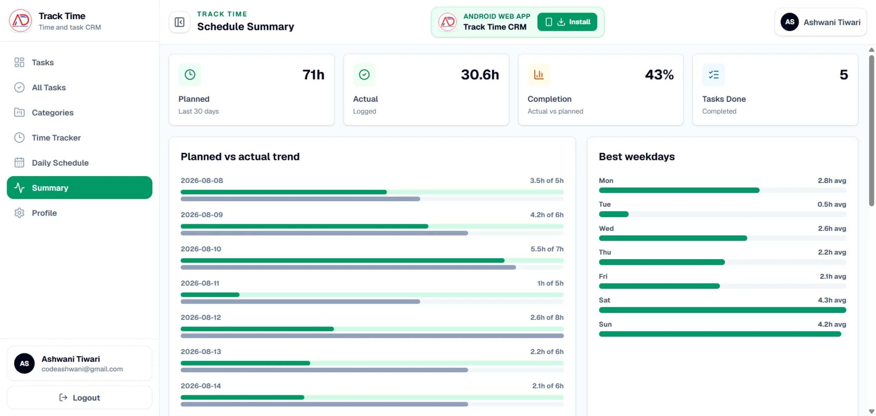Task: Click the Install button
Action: (567, 22)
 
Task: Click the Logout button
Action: (80, 397)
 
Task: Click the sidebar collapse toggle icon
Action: (180, 22)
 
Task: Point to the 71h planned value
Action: (313, 75)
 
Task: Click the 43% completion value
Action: (659, 75)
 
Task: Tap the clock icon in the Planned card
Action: (190, 75)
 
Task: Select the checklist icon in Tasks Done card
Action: (714, 75)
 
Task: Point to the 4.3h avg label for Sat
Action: (832, 300)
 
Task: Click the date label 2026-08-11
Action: (200, 283)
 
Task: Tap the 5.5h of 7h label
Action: (547, 249)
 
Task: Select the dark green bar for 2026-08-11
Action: (210, 294)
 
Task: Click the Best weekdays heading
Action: (637, 156)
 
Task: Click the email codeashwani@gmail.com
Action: (82, 369)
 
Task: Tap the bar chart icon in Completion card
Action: (539, 75)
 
